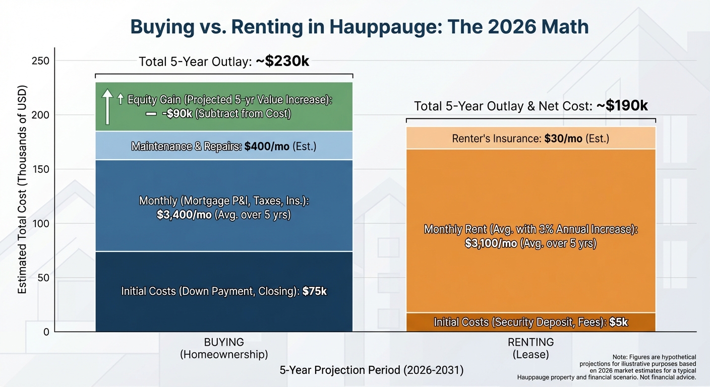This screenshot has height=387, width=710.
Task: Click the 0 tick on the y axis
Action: pyautogui.click(x=46, y=332)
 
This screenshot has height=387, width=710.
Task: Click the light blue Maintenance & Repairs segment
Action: pyautogui.click(x=223, y=146)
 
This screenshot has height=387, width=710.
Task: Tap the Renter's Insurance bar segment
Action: pyautogui.click(x=530, y=138)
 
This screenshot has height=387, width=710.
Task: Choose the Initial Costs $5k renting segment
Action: pyautogui.click(x=530, y=322)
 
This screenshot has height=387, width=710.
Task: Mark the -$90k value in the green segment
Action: pyautogui.click(x=176, y=114)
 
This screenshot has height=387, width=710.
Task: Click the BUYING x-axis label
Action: pyautogui.click(x=223, y=343)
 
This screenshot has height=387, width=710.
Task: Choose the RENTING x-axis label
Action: pyautogui.click(x=530, y=343)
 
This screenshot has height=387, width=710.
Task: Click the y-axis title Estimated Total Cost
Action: pyautogui.click(x=23, y=191)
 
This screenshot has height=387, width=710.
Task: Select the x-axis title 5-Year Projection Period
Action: pyautogui.click(x=371, y=370)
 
